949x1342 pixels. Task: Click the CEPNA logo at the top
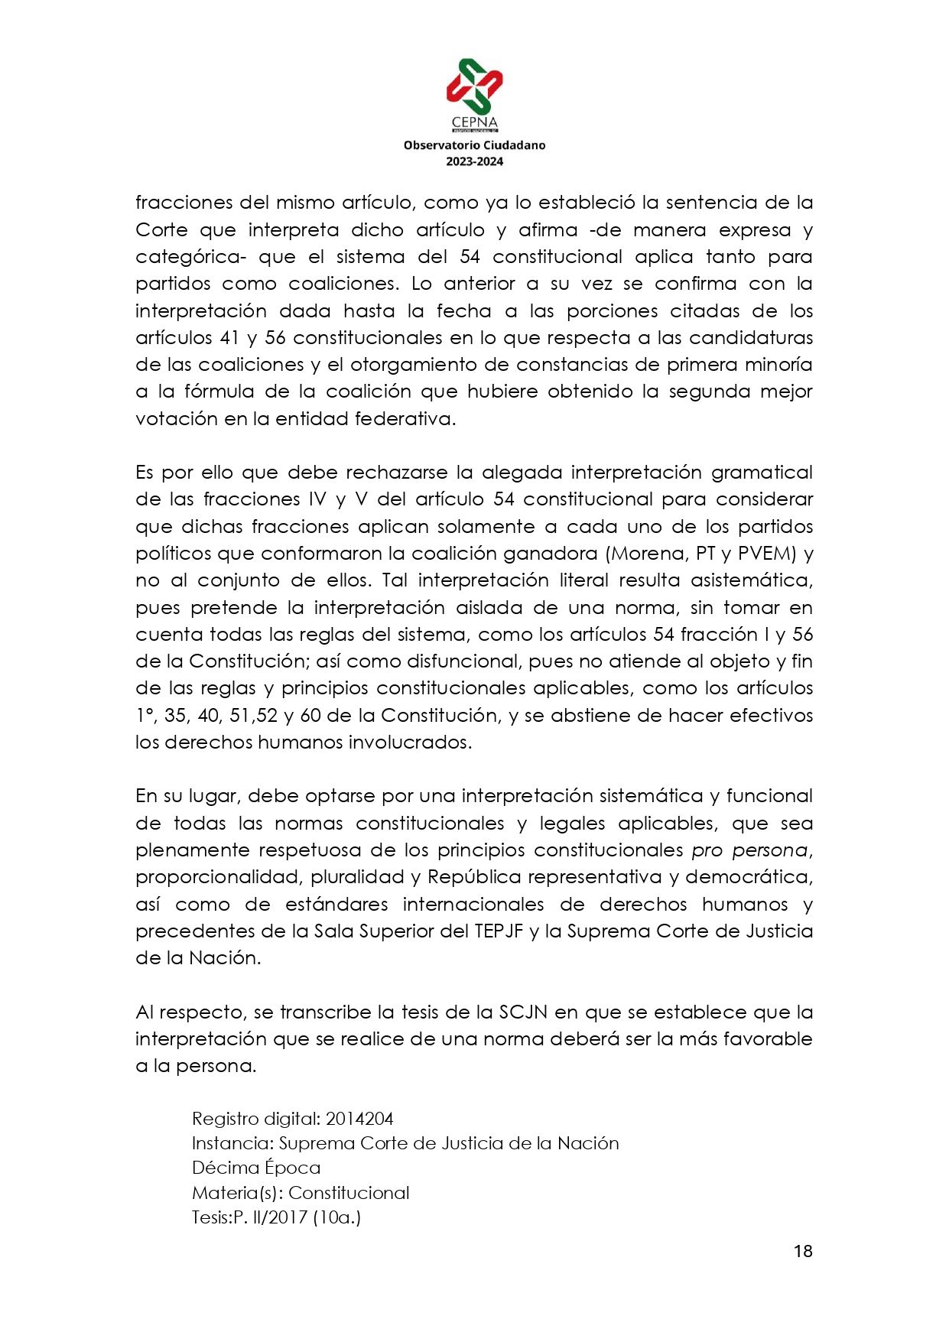point(474,92)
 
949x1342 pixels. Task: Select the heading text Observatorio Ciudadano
point(474,145)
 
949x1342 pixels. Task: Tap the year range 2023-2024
point(474,161)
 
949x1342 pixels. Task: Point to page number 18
point(802,1251)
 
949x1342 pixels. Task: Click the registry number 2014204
point(359,1119)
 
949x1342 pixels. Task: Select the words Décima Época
point(256,1168)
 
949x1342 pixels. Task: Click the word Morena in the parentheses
point(648,553)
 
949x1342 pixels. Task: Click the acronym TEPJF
point(499,931)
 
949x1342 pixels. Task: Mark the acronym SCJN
point(523,1012)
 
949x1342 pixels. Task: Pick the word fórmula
point(218,392)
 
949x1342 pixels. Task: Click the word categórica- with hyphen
point(190,257)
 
